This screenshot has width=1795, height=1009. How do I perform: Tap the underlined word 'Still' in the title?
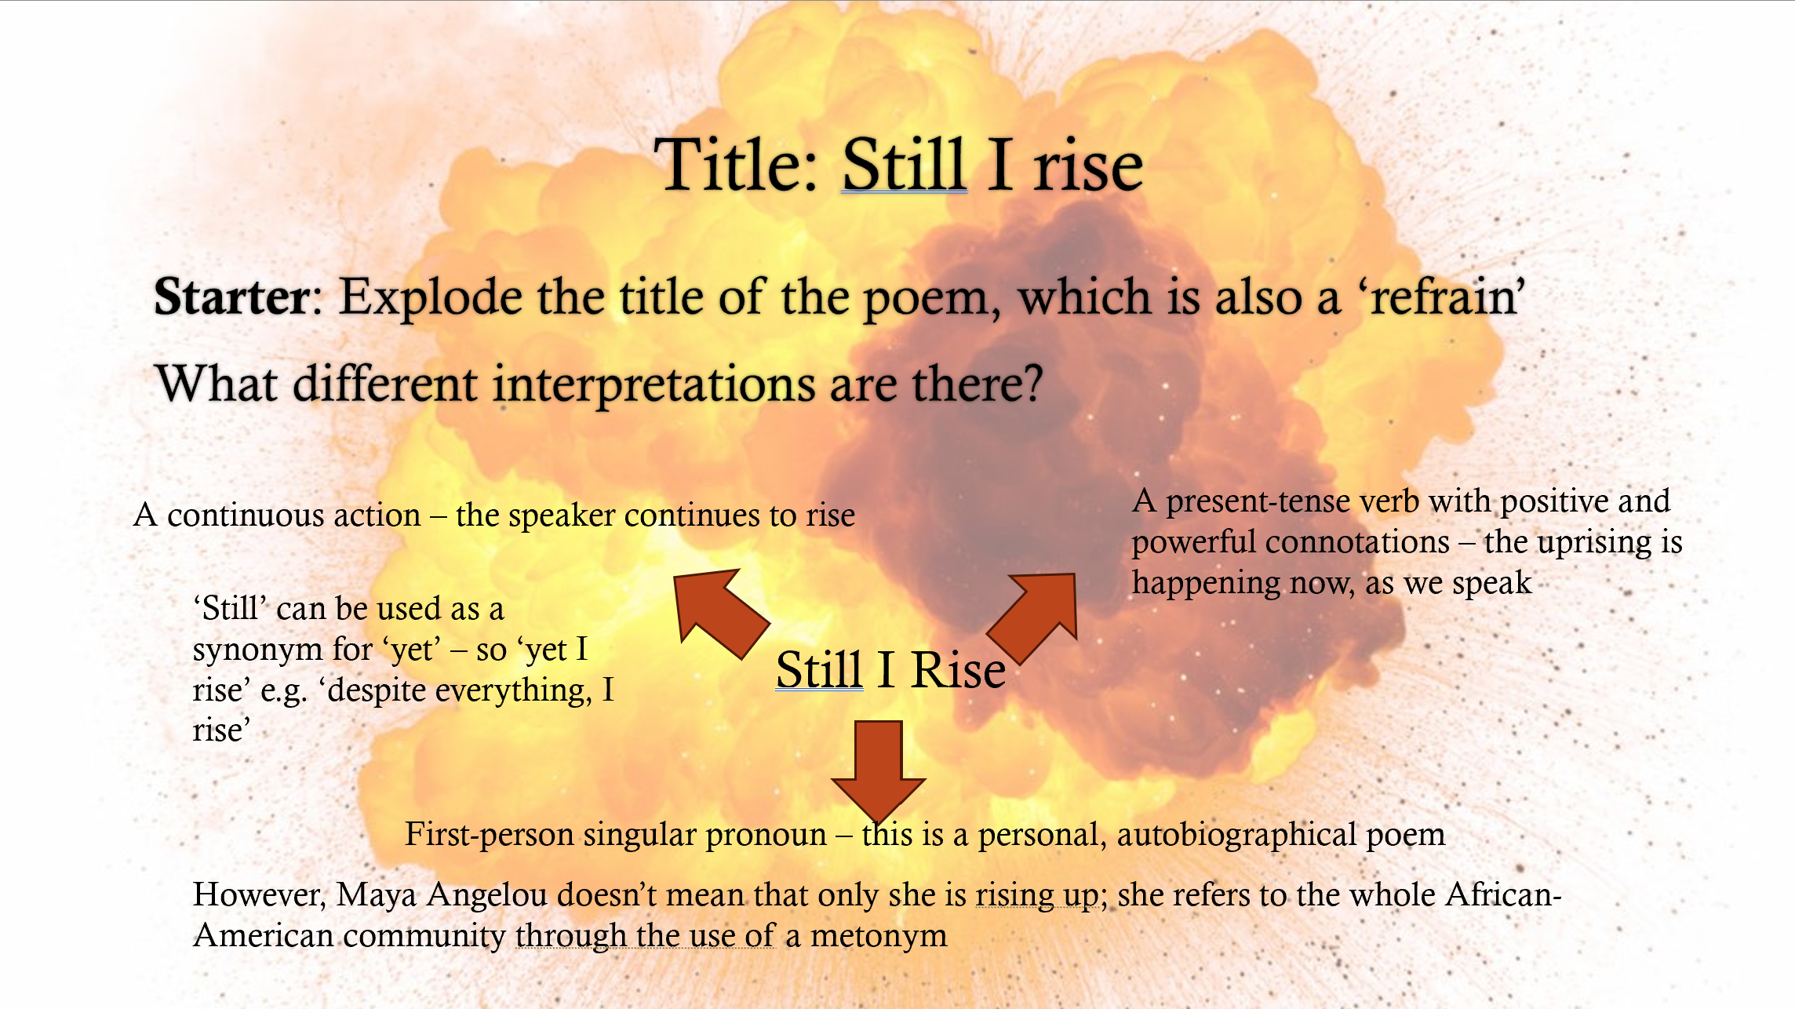click(x=904, y=165)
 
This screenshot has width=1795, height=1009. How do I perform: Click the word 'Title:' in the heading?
click(x=737, y=165)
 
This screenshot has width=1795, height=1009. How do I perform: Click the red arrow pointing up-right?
click(x=1032, y=617)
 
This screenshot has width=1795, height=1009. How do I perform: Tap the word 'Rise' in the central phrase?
click(x=959, y=670)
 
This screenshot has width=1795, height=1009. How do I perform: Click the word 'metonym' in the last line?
click(x=879, y=936)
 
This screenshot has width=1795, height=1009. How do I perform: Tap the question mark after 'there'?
click(x=1031, y=384)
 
